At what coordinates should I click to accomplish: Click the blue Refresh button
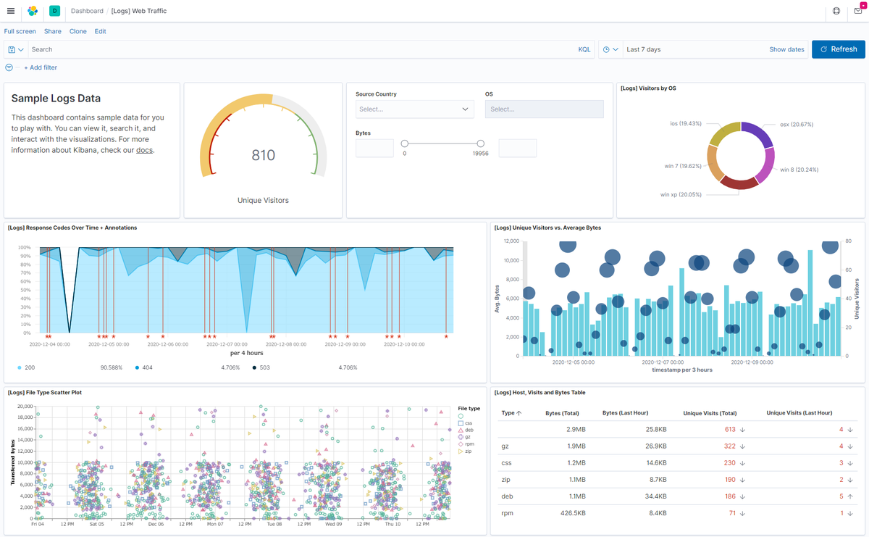pos(839,49)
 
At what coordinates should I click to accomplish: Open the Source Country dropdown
pos(414,109)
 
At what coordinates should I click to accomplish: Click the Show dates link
pos(786,49)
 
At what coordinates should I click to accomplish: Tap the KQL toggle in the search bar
pos(584,49)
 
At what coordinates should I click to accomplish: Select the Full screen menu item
pos(20,31)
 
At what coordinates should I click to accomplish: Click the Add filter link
pos(41,67)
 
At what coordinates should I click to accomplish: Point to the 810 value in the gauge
pos(263,155)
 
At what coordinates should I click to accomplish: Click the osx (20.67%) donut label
pos(797,124)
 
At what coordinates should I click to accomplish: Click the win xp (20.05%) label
pos(681,194)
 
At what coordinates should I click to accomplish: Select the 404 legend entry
pos(147,367)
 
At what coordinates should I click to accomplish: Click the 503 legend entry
pos(264,367)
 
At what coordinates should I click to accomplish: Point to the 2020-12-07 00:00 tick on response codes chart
pos(227,344)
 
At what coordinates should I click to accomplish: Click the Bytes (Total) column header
pos(562,413)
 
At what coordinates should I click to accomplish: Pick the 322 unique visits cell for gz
pos(729,446)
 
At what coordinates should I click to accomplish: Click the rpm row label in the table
pos(507,513)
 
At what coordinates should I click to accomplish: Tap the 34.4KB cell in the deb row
pos(655,496)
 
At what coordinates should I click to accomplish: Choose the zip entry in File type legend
pos(465,451)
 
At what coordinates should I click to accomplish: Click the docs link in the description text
pos(144,150)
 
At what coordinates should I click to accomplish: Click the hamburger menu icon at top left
pos(11,11)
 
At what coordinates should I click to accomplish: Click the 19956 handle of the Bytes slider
pos(480,143)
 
